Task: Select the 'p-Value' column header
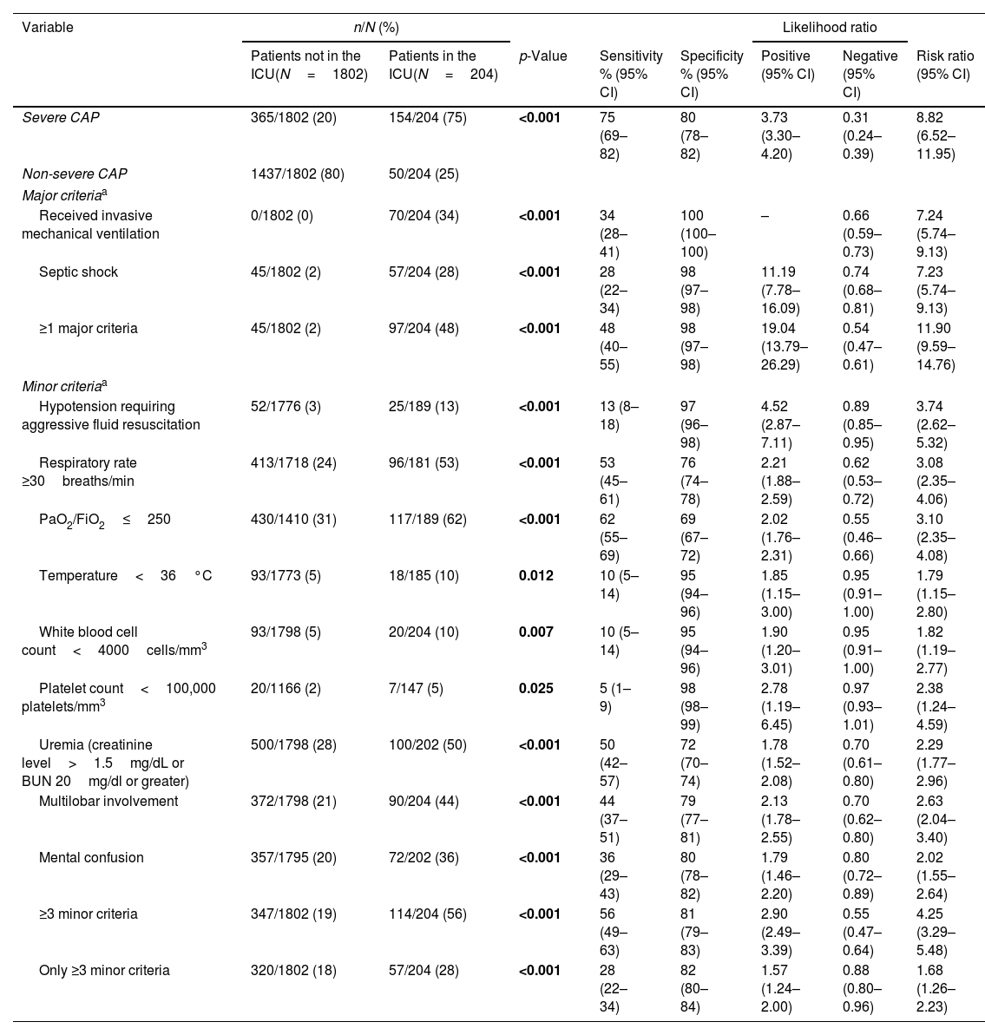tap(542, 56)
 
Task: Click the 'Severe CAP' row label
tap(61, 117)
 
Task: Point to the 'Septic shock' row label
tap(78, 272)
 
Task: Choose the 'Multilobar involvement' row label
tap(108, 801)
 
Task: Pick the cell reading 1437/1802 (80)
tap(298, 173)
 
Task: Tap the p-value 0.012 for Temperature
tap(535, 575)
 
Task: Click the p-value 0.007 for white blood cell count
tap(535, 632)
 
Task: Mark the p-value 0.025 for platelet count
tap(535, 688)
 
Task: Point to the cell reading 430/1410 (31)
tap(293, 520)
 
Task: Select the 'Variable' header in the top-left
tap(48, 27)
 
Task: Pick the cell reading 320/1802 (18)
tap(293, 970)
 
